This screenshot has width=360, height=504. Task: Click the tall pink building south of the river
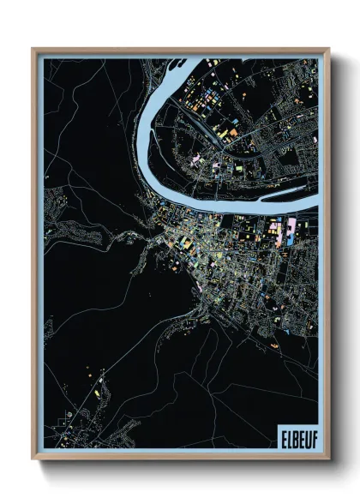291,228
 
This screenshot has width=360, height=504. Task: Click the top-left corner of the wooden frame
33,50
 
